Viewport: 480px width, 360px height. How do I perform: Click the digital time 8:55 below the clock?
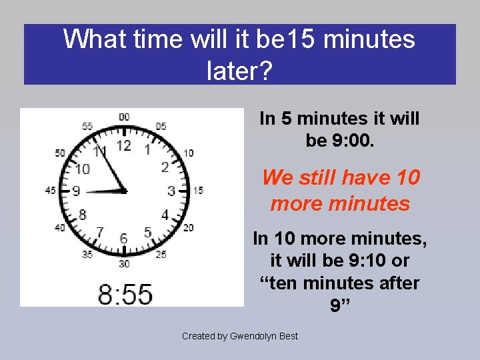125,293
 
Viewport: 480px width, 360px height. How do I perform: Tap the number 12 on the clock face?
124,145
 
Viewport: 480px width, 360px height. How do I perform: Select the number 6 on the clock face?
123,238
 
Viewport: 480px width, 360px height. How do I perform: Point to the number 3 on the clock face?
171,191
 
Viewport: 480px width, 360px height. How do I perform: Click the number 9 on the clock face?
76,191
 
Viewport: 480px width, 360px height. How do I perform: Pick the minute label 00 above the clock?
124,117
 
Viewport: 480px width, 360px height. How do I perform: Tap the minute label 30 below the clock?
123,264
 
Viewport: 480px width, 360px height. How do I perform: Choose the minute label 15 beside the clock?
198,191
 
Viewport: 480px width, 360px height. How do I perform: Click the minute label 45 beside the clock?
50,191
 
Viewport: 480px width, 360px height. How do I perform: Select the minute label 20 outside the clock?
188,228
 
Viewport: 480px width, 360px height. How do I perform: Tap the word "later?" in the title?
240,70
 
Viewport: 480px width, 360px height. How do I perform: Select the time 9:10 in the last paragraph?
387,260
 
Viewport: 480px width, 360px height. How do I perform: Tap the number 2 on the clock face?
165,167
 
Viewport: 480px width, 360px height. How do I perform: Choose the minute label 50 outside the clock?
60,153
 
